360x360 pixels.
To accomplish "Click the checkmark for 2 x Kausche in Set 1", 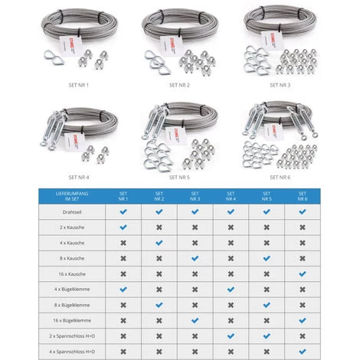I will pyautogui.click(x=123, y=227).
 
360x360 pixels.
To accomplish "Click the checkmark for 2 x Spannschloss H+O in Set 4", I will pyautogui.click(x=230, y=335).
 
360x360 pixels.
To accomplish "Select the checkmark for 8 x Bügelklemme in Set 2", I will pyautogui.click(x=159, y=304).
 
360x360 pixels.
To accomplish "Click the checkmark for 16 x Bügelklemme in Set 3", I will pyautogui.click(x=195, y=319).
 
